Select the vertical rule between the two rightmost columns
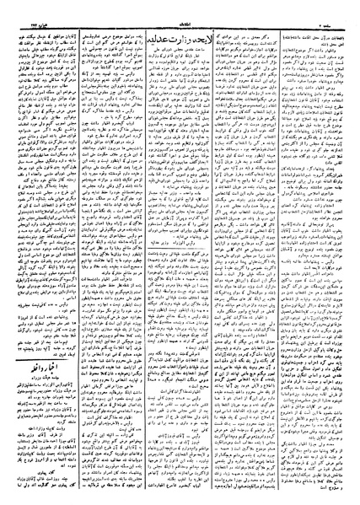tap(275, 253)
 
